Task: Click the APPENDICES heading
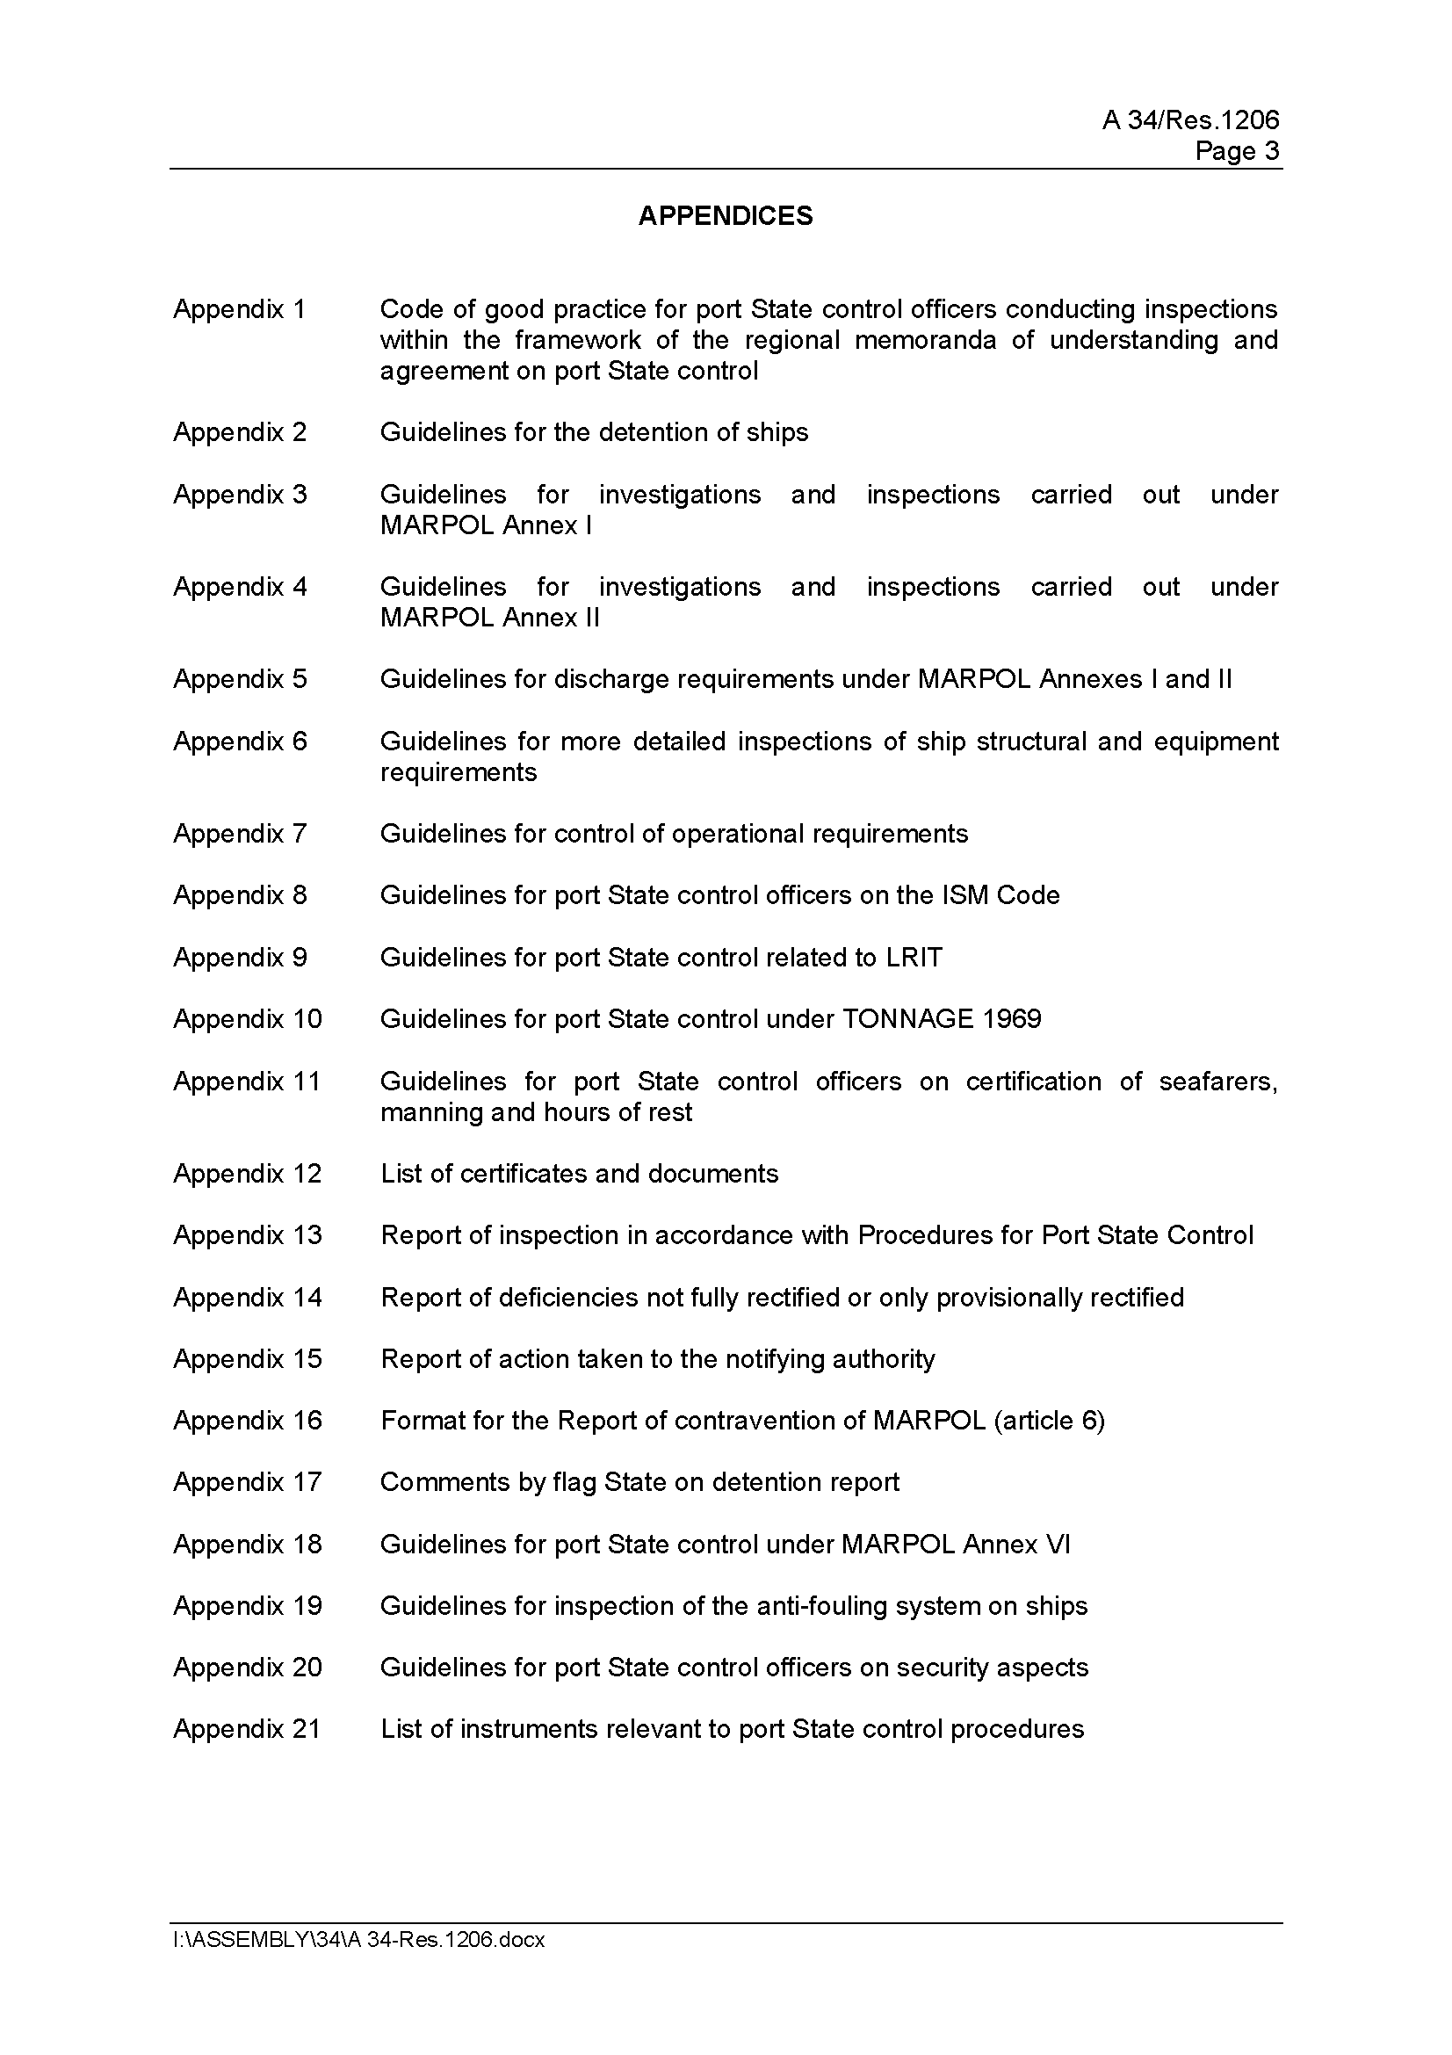coord(725,216)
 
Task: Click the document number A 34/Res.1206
coord(1190,120)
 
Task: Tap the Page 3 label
coord(1237,150)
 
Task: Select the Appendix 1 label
coord(240,308)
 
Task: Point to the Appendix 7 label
coord(240,833)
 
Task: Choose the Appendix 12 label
coord(247,1174)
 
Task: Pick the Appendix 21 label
coord(247,1728)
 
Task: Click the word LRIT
coord(914,958)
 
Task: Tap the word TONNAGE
coord(907,1018)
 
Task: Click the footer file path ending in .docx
coord(358,1940)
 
